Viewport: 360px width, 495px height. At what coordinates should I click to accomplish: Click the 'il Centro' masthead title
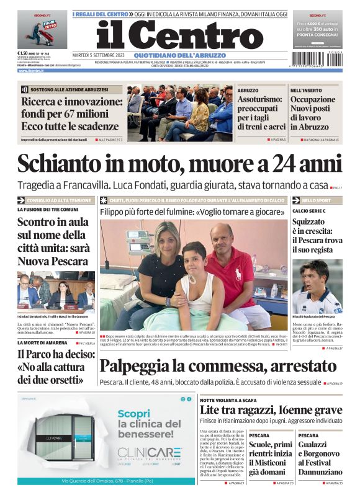tap(179, 35)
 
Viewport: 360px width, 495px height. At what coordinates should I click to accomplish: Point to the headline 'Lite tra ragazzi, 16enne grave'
tap(271, 410)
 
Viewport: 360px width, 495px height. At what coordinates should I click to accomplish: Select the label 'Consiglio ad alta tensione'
tap(59, 200)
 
